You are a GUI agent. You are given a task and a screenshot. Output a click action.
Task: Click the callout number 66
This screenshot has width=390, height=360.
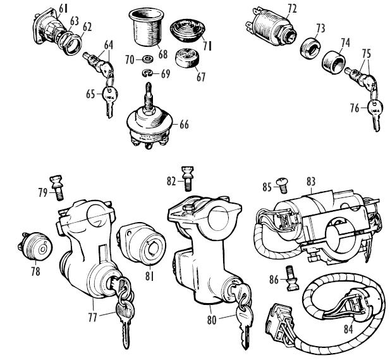click(x=185, y=125)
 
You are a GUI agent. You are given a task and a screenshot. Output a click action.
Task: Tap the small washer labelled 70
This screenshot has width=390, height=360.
click(x=148, y=59)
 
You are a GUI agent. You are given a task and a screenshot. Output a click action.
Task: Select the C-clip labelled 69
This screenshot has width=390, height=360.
click(x=147, y=73)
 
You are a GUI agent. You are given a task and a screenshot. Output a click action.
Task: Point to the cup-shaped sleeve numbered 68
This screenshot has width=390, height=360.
click(x=145, y=27)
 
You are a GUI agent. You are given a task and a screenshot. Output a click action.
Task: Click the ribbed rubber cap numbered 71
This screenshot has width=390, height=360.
click(x=188, y=29)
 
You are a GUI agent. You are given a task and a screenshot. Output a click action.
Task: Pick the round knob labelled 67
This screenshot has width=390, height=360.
click(x=188, y=58)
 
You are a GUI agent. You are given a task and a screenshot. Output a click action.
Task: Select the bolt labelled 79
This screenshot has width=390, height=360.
click(x=57, y=188)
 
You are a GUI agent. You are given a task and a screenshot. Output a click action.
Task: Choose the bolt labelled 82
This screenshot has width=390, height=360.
click(x=188, y=178)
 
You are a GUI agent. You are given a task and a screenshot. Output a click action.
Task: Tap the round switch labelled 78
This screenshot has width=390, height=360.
click(x=35, y=247)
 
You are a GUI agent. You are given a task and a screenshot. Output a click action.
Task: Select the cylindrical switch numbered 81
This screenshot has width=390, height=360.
click(x=142, y=242)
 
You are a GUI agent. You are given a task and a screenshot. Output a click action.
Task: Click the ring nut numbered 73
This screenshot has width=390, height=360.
click(x=310, y=47)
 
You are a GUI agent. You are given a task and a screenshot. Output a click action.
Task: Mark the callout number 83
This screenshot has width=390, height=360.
click(x=310, y=182)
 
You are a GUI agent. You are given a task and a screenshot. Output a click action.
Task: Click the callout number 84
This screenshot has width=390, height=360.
click(x=348, y=329)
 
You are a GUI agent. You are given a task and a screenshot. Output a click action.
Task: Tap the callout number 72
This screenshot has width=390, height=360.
click(x=292, y=9)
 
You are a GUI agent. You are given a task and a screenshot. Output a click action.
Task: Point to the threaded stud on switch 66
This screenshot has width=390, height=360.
click(x=149, y=97)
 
